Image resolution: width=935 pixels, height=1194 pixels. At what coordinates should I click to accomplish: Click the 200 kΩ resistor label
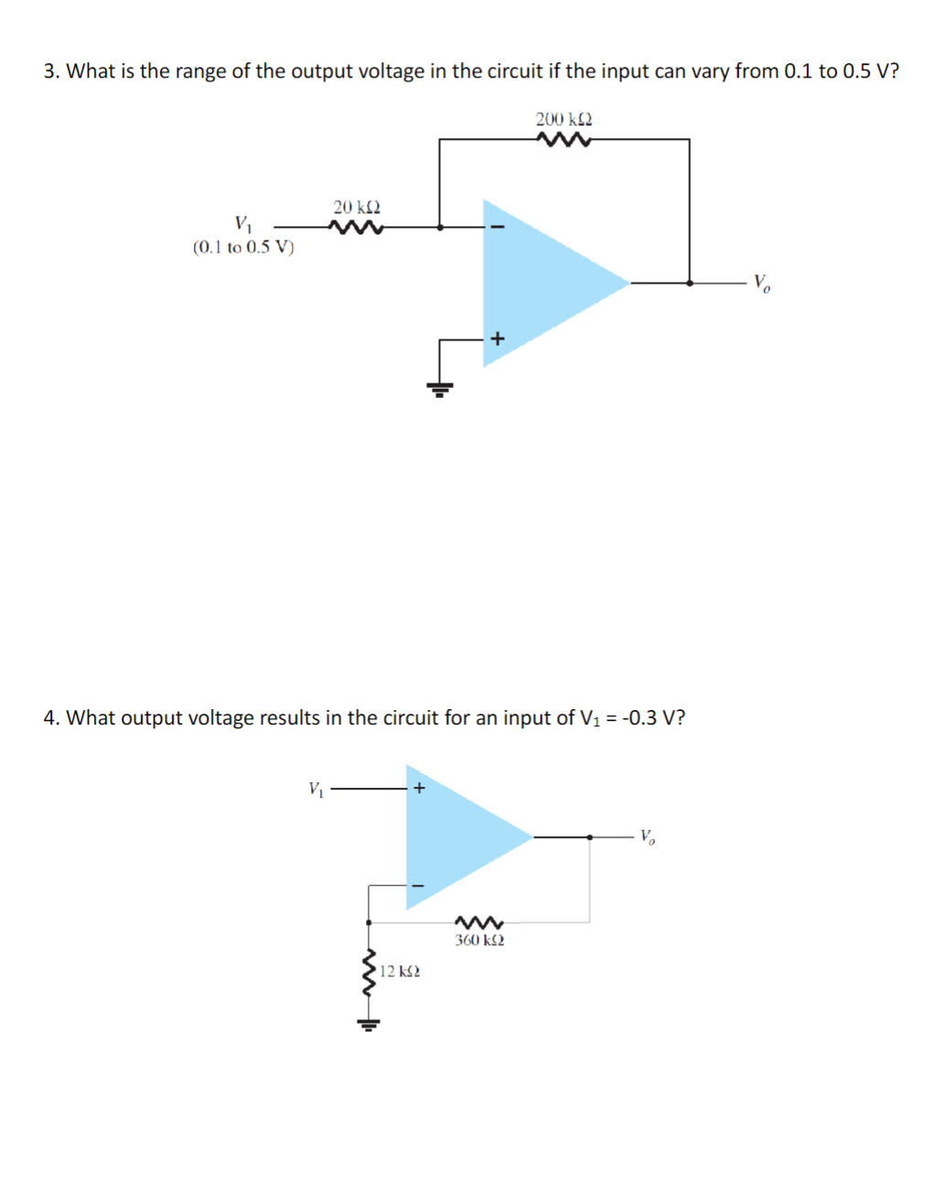point(564,120)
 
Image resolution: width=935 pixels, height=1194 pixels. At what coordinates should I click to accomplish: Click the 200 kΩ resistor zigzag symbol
point(564,140)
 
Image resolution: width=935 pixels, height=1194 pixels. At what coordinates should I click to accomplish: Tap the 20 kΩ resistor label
point(357,208)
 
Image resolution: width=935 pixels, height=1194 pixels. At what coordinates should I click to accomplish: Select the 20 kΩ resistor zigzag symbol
point(357,227)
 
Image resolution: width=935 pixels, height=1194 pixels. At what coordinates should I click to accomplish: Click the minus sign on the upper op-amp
point(498,227)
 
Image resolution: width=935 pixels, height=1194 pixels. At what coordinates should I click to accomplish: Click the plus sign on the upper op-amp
point(497,339)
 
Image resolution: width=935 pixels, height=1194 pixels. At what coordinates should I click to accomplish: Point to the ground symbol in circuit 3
point(440,389)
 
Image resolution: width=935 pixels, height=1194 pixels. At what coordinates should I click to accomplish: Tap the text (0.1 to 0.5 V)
point(244,247)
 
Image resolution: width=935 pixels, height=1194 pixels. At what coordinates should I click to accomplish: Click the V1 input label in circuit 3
point(243,223)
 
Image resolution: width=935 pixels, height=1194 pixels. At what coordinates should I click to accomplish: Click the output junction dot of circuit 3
point(689,284)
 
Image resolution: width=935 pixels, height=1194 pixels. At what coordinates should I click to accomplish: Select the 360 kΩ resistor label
point(479,941)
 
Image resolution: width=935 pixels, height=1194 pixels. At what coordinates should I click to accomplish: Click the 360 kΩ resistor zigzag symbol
point(479,921)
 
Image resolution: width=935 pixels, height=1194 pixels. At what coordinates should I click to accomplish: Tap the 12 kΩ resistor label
point(400,971)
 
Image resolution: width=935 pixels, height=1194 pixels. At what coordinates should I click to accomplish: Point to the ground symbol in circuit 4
point(369,1024)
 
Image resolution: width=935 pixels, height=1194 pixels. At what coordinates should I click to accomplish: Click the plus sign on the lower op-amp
point(419,788)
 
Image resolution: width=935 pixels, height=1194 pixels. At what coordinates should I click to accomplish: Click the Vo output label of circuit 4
point(647,836)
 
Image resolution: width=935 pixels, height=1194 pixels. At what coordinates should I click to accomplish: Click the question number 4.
point(51,718)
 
